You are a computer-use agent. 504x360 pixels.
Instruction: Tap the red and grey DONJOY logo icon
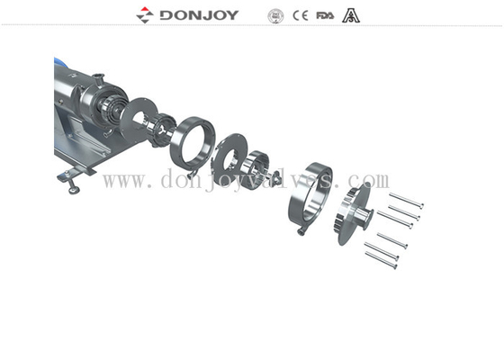tap(146, 14)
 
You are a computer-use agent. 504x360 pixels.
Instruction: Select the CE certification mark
tap(301, 15)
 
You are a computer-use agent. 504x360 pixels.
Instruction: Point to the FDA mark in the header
tap(325, 15)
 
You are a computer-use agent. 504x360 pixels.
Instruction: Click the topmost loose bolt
tap(407, 199)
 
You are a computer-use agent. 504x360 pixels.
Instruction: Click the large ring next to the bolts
tap(308, 195)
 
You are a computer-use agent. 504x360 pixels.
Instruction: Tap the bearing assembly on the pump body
tap(112, 112)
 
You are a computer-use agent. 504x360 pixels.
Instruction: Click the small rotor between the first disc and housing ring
tap(162, 132)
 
